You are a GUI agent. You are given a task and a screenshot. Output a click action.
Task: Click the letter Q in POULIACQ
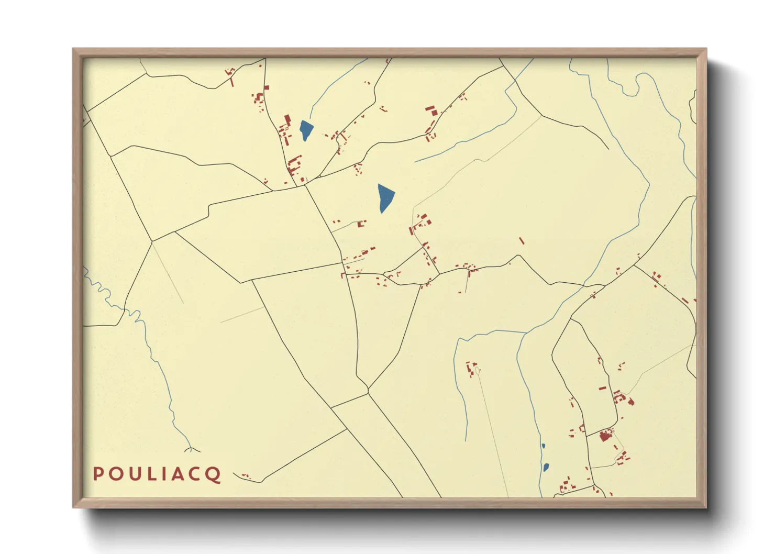(213, 474)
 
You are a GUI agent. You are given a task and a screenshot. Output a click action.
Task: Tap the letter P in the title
(97, 474)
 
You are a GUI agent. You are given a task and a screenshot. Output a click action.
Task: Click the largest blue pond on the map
(385, 197)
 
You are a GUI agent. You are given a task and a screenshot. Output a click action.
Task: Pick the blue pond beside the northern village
(305, 129)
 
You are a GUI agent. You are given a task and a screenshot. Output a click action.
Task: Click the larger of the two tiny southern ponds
(546, 467)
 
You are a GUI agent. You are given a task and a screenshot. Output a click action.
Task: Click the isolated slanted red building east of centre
(521, 241)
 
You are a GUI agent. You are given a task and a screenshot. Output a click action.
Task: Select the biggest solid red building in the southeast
(606, 435)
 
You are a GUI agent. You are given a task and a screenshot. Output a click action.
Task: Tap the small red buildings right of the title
(246, 476)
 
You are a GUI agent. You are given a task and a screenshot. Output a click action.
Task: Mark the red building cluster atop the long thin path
(472, 368)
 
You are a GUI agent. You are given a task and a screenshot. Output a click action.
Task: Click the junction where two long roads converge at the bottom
(368, 390)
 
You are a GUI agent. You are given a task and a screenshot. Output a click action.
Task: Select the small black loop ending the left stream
(192, 449)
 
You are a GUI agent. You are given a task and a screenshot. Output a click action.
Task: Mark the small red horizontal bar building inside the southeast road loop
(602, 389)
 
